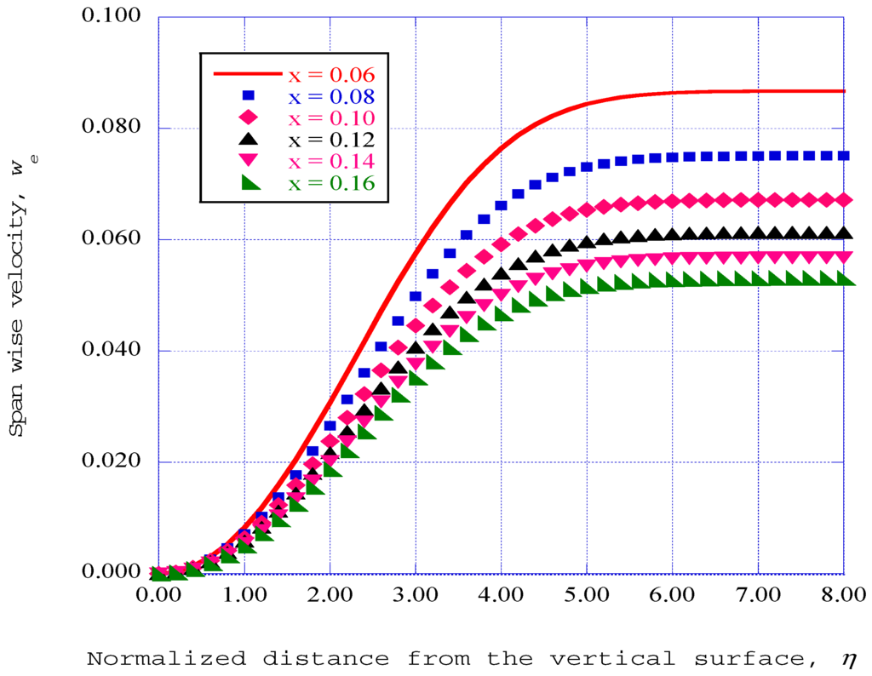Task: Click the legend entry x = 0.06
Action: tap(330, 73)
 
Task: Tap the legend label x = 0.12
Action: tap(330, 139)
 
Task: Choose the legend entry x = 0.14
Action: tap(330, 161)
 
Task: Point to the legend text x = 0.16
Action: tap(330, 183)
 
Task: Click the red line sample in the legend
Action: tap(247, 74)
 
